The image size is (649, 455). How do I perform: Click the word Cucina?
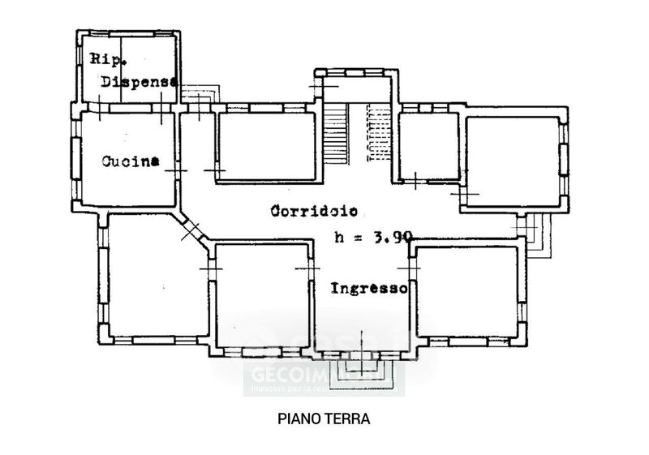pos(130,161)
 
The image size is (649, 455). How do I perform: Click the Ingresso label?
pos(369,288)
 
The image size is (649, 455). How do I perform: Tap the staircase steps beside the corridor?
pos(336,130)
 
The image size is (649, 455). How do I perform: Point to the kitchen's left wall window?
pos(75,159)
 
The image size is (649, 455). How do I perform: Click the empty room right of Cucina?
pos(266,146)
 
